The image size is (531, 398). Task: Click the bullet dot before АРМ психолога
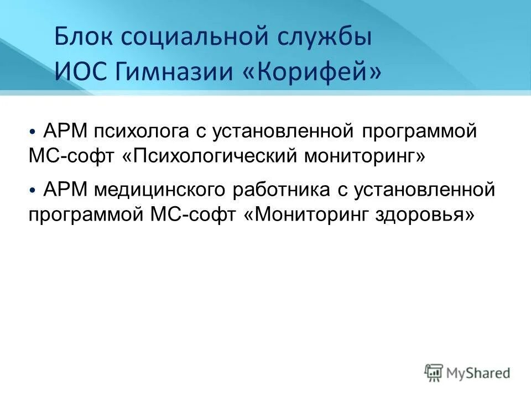coord(34,133)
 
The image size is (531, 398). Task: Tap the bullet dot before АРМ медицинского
coord(34,190)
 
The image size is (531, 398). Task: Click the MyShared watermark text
coord(478,373)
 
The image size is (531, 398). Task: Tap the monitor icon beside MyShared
coord(434,373)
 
